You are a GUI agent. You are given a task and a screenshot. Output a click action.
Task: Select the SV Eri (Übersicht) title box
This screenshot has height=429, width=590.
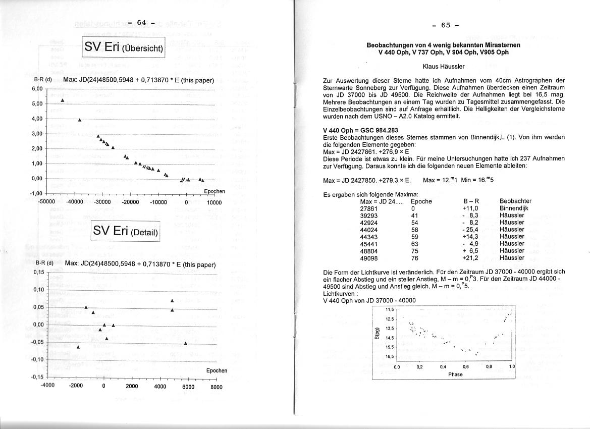pos(124,47)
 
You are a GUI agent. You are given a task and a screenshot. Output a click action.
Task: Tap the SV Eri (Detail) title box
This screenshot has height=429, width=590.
pos(125,232)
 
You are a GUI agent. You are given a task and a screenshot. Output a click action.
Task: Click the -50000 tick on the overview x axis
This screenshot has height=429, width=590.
pos(46,202)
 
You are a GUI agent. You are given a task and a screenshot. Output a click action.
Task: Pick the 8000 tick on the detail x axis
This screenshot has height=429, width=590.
pos(217,387)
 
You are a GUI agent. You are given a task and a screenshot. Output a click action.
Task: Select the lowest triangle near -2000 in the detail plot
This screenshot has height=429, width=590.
pos(78,347)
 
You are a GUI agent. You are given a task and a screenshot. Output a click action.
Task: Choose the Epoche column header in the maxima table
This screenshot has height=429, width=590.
pos(421,201)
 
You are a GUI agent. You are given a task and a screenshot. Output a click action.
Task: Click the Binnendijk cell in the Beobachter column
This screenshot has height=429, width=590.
pos(513,208)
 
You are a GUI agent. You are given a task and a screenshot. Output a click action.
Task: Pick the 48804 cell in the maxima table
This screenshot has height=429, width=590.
pos(369,250)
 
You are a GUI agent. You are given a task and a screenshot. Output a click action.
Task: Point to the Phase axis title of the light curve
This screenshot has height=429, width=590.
pos(455,374)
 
